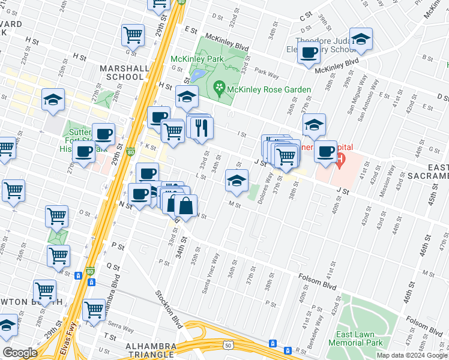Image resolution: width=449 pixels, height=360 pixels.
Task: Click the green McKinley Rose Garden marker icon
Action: point(220,89)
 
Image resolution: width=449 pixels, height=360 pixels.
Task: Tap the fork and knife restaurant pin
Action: point(201,127)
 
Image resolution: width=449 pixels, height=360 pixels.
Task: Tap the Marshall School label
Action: point(125,73)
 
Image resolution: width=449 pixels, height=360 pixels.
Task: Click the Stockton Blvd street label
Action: point(169,308)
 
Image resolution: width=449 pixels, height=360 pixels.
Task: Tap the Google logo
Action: point(20,353)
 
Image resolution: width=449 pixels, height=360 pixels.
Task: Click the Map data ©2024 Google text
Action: point(411,355)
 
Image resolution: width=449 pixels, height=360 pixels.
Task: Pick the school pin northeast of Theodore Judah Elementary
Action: point(361,40)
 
